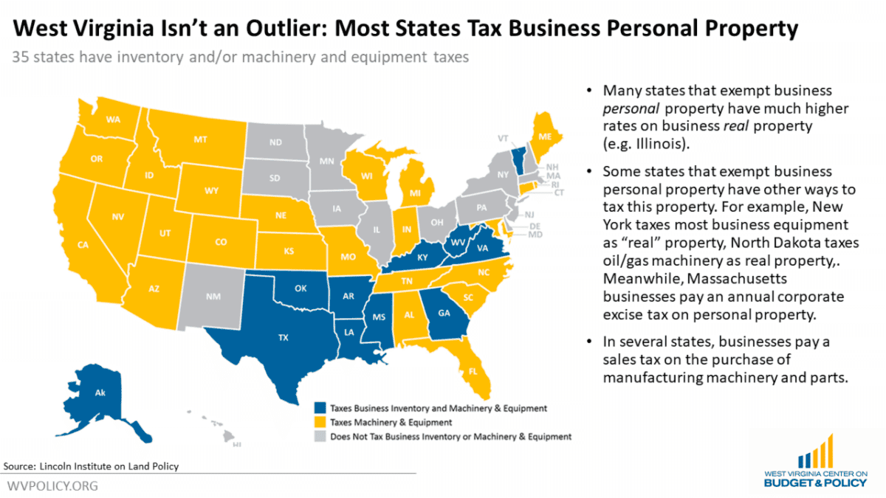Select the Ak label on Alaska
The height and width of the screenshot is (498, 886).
coord(100,393)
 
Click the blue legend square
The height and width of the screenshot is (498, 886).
coord(319,408)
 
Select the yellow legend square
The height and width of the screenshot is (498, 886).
coord(319,423)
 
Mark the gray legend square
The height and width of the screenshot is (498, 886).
coord(319,437)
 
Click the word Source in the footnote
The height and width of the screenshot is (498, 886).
coord(20,466)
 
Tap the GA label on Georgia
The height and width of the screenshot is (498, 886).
coord(444,312)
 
